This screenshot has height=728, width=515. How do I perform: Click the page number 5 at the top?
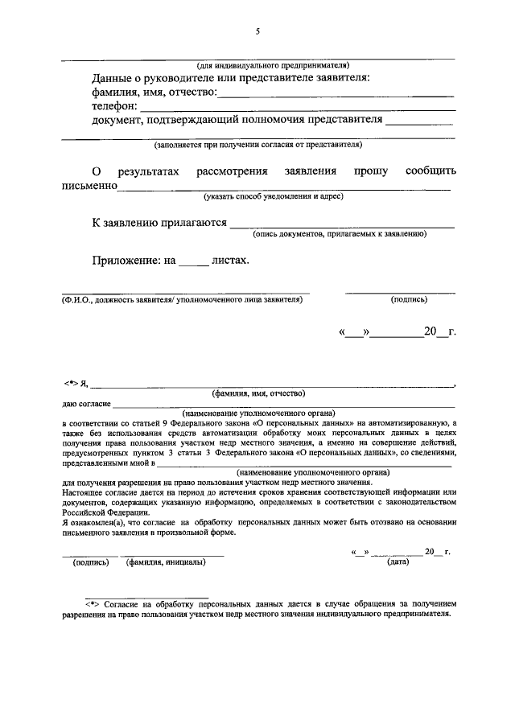point(257,31)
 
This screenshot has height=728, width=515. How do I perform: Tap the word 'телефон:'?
point(115,106)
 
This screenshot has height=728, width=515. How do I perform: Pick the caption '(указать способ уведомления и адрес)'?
point(274,195)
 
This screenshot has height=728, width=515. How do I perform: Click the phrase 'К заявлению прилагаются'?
point(159,223)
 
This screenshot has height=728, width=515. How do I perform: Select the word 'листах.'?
point(230,261)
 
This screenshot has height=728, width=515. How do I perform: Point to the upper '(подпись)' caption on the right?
point(409,299)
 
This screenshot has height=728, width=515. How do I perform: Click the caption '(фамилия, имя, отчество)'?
point(258,393)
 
